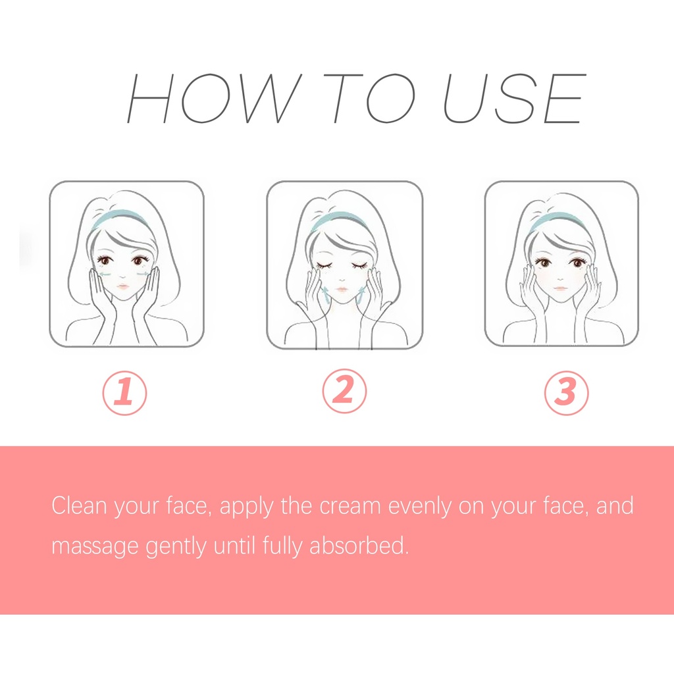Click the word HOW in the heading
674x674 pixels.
(214, 98)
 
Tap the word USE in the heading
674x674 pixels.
(515, 98)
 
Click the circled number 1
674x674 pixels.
(124, 393)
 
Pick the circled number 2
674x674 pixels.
(344, 391)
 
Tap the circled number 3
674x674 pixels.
(566, 393)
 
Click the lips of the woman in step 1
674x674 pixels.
(123, 286)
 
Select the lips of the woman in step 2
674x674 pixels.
(342, 290)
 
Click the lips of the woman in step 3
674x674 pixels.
(561, 288)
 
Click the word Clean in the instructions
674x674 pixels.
(79, 505)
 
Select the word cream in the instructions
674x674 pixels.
(350, 506)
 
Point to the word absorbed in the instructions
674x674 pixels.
(359, 545)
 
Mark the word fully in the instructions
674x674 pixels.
(282, 546)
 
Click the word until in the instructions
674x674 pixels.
(234, 545)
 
